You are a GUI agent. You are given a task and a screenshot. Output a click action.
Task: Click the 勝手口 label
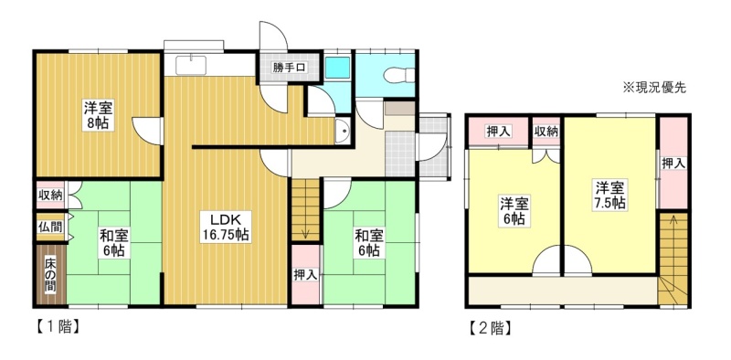pyautogui.click(x=289, y=68)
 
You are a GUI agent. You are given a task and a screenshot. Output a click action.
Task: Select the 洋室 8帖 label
pyautogui.click(x=99, y=115)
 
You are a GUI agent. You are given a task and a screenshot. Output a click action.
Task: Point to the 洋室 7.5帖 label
pyautogui.click(x=609, y=195)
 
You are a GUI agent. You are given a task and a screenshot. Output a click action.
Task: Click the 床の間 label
pyautogui.click(x=51, y=275)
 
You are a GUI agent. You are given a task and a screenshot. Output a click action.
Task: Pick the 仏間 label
pyautogui.click(x=50, y=228)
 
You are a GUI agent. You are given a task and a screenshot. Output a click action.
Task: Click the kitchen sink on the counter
pyautogui.click(x=191, y=65)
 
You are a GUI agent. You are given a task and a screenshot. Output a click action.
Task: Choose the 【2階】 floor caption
pyautogui.click(x=490, y=329)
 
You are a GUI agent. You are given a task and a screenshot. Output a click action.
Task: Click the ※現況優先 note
pyautogui.click(x=654, y=88)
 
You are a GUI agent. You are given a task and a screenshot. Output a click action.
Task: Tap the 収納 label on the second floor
pyautogui.click(x=546, y=132)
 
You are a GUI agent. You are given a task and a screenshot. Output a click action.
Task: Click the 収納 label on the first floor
pyautogui.click(x=50, y=195)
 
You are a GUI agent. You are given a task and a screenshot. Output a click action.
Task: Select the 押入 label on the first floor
pyautogui.click(x=305, y=275)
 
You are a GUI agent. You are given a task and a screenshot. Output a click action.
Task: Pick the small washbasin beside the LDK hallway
pyautogui.click(x=343, y=131)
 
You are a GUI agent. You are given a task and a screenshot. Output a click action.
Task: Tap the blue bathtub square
pyautogui.click(x=337, y=69)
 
